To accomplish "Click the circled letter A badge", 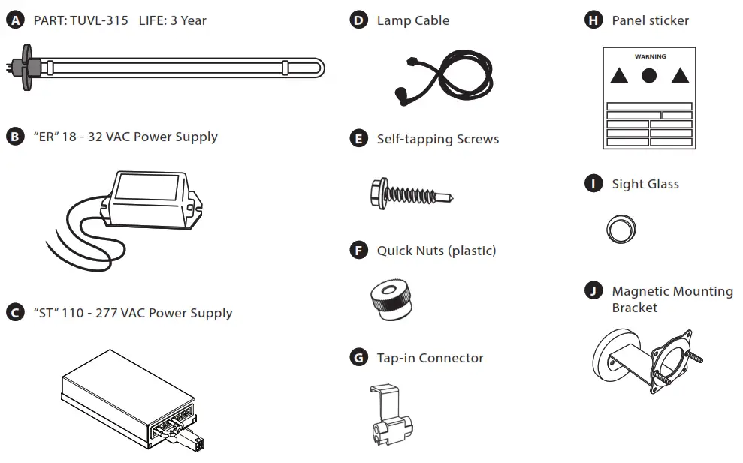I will [x=14, y=20].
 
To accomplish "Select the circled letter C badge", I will [x=14, y=313].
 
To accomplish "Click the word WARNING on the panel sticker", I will [x=650, y=56].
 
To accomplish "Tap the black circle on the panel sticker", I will [x=649, y=75].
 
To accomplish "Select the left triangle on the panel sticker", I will [x=618, y=75].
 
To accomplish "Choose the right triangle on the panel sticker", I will [x=680, y=75].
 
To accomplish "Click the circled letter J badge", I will [x=593, y=291].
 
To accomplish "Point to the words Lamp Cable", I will [x=412, y=20].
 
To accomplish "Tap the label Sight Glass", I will [x=645, y=184].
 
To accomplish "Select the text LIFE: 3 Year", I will [x=172, y=20].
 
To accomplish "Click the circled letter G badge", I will [x=358, y=358].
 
